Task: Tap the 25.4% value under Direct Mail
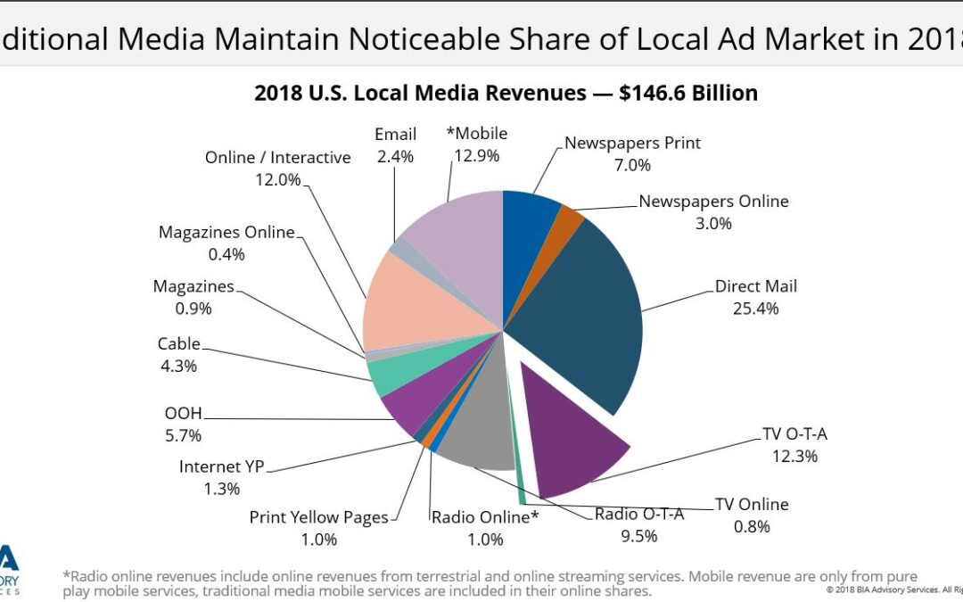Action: (756, 309)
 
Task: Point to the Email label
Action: (395, 135)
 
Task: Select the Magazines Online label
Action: (226, 233)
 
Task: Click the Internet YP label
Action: (222, 466)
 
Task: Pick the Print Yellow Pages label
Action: (318, 517)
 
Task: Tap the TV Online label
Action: (752, 504)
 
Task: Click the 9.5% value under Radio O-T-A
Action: (638, 536)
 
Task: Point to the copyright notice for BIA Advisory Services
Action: (893, 590)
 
